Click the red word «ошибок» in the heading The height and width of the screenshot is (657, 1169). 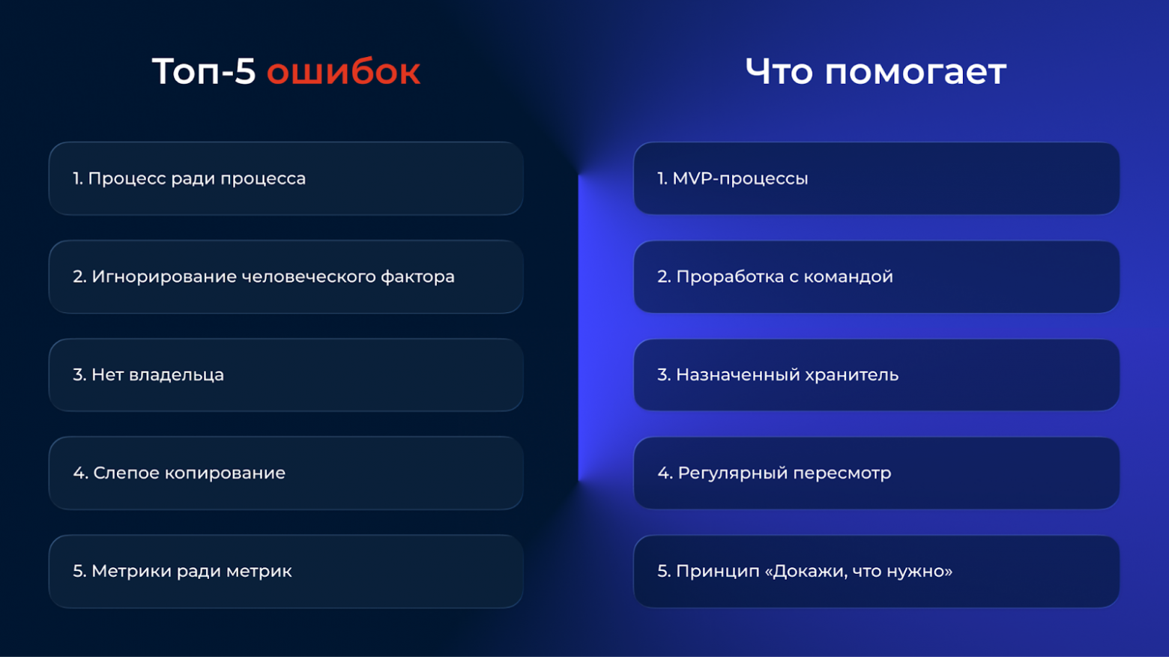[343, 72]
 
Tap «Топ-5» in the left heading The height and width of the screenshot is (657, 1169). [204, 72]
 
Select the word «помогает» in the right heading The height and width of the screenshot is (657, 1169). [915, 72]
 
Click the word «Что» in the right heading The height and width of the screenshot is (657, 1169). [779, 72]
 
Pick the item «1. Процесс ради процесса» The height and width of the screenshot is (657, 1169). [189, 178]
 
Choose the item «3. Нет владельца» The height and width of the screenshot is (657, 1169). [148, 375]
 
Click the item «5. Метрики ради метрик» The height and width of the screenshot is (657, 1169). [182, 571]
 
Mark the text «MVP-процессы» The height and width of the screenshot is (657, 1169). [740, 178]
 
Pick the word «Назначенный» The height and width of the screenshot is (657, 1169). [734, 375]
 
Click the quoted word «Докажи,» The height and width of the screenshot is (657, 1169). [806, 571]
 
